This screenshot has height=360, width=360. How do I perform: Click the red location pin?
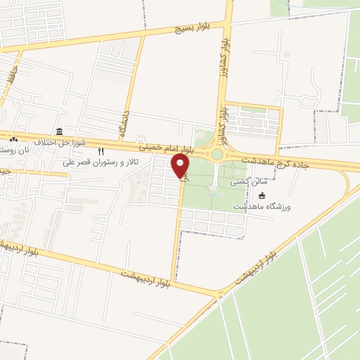181,165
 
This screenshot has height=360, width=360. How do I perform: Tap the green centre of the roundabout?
217,154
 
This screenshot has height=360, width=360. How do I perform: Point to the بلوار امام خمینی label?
165,148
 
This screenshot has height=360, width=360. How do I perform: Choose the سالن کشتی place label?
252,181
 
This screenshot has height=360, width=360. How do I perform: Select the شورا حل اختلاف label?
63,143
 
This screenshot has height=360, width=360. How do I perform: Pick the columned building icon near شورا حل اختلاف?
58,132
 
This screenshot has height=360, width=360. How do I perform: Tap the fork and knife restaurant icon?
101,151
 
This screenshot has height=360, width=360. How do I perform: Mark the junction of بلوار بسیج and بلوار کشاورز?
228,22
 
